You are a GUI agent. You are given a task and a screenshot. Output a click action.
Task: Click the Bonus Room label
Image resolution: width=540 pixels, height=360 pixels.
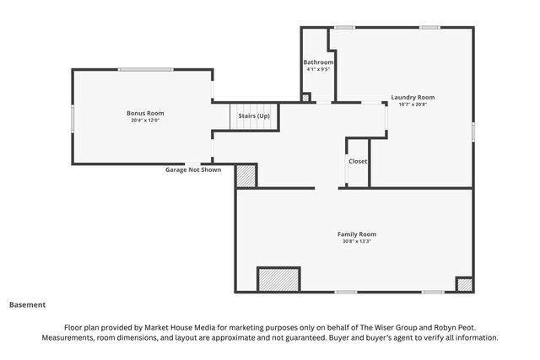click(x=145, y=113)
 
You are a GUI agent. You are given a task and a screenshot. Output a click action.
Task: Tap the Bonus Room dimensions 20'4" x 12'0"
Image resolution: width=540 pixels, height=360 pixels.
click(x=145, y=121)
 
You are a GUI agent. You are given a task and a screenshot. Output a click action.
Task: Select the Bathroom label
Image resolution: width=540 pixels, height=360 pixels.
click(x=318, y=62)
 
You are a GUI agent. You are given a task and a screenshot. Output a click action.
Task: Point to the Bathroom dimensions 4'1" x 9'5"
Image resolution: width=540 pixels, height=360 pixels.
click(x=318, y=69)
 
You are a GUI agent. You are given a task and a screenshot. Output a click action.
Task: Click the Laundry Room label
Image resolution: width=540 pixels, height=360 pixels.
click(x=413, y=98)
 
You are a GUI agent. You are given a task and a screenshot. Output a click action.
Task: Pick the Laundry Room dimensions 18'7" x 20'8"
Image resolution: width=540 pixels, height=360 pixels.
click(x=413, y=105)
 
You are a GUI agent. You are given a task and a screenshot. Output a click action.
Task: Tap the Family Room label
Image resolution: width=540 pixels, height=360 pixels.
click(x=357, y=234)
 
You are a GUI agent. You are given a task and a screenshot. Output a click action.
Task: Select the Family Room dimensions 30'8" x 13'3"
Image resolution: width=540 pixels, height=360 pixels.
click(x=357, y=241)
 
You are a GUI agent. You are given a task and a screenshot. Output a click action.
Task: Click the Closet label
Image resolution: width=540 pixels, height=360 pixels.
click(x=358, y=161)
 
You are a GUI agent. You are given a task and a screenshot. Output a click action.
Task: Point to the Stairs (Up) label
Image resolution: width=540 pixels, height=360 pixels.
click(x=254, y=116)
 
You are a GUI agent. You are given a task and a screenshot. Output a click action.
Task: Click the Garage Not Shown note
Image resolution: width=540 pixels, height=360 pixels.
click(x=193, y=169)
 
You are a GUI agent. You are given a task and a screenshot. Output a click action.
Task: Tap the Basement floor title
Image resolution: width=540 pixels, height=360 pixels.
click(x=28, y=305)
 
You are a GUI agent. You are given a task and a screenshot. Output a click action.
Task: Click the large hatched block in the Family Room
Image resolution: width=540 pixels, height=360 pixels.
click(x=278, y=279)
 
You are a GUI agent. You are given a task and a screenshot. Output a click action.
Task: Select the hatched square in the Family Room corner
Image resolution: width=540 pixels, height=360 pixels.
click(x=464, y=285)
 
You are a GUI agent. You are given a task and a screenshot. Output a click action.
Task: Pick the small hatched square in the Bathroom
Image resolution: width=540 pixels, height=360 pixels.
click(x=305, y=98)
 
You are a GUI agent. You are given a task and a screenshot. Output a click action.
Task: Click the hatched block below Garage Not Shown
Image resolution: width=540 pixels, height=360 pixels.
click(x=246, y=176)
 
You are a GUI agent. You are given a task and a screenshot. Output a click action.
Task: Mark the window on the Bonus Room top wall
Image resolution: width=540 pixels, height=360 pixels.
click(x=146, y=70)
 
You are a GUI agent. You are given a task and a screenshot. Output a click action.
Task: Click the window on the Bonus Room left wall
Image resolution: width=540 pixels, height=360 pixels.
click(x=73, y=118)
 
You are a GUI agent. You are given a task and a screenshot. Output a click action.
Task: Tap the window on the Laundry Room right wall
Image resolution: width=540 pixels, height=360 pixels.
click(x=473, y=132)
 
